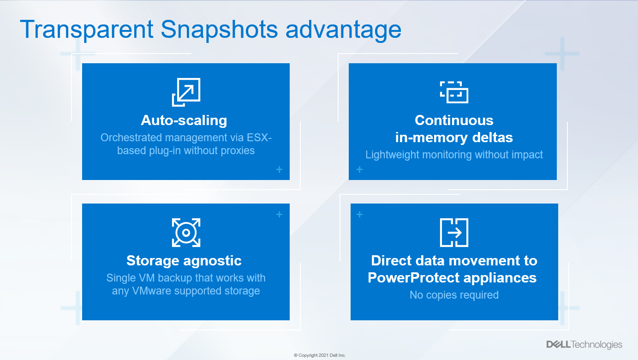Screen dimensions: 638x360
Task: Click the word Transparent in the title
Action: (x=87, y=30)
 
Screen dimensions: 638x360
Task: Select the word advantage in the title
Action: (x=343, y=30)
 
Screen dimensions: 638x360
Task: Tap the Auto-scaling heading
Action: (x=184, y=120)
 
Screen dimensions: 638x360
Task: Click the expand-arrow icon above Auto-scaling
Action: (x=186, y=92)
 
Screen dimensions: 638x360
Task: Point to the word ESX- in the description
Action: (x=259, y=138)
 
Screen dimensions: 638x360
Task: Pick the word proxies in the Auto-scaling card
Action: (x=238, y=150)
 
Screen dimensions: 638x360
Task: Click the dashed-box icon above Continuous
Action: (x=454, y=92)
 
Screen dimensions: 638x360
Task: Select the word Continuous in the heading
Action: (x=454, y=120)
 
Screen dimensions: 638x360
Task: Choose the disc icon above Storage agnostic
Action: (x=186, y=233)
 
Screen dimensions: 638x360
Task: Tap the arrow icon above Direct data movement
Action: (x=454, y=233)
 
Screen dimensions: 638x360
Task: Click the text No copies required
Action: (x=454, y=295)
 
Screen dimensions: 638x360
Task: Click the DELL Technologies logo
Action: (x=584, y=345)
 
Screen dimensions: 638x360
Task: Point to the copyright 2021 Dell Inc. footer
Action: (x=320, y=355)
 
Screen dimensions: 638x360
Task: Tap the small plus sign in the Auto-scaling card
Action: (x=279, y=169)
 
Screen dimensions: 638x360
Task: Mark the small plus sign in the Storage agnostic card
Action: (x=279, y=214)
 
